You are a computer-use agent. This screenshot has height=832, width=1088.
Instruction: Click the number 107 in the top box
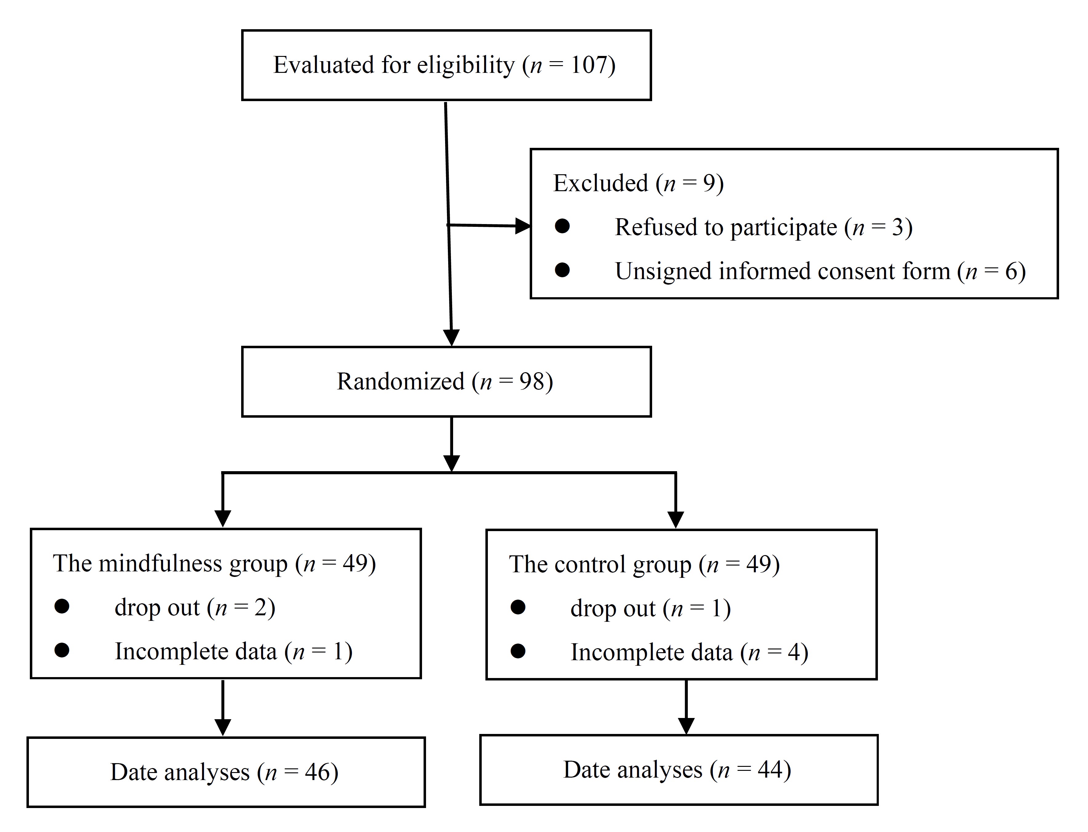point(588,65)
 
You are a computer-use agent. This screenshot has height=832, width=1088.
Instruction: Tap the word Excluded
point(600,183)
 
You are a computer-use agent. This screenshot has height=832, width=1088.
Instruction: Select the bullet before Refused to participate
point(562,226)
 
